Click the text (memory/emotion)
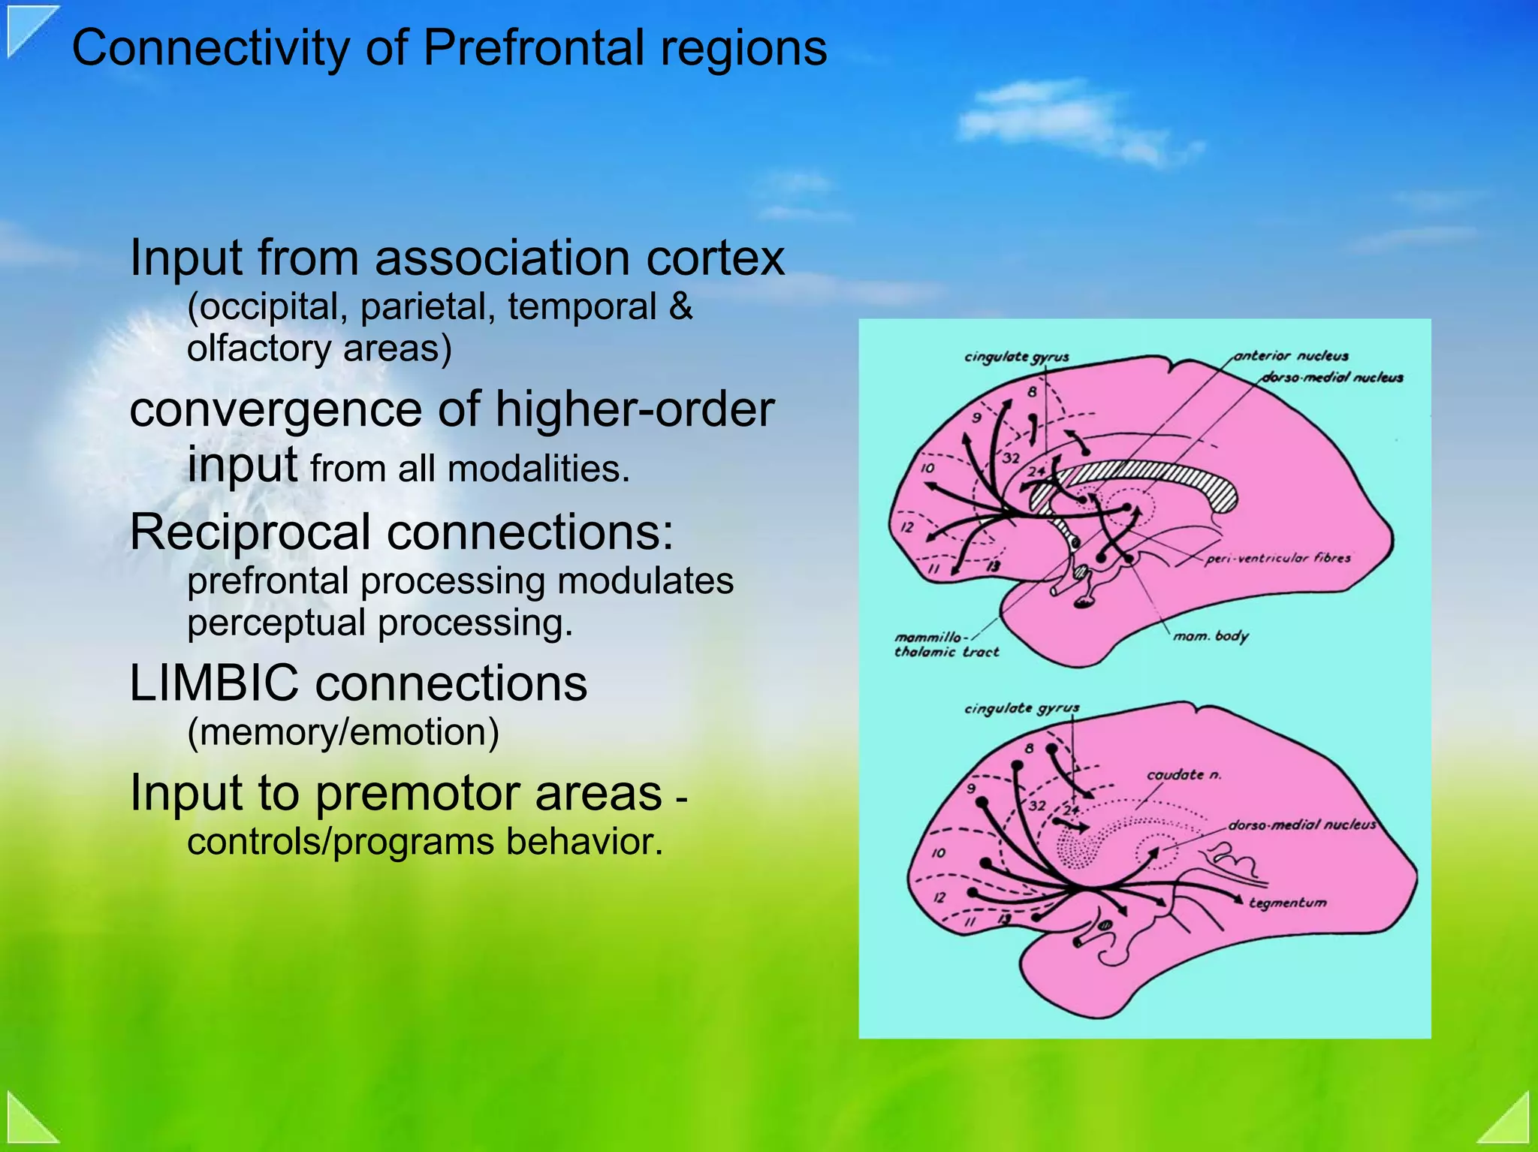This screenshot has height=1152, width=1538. [x=343, y=732]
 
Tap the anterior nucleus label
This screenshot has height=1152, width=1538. [x=1291, y=356]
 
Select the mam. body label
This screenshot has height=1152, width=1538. [x=1211, y=636]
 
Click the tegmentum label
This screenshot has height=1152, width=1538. [x=1287, y=903]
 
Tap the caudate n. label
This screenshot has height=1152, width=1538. [x=1184, y=774]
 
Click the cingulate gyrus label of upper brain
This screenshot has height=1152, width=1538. [x=1016, y=357]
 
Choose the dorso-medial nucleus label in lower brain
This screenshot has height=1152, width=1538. [x=1301, y=825]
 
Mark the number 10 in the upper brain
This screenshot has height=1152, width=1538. [x=927, y=468]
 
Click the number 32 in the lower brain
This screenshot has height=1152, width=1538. [x=1037, y=806]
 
